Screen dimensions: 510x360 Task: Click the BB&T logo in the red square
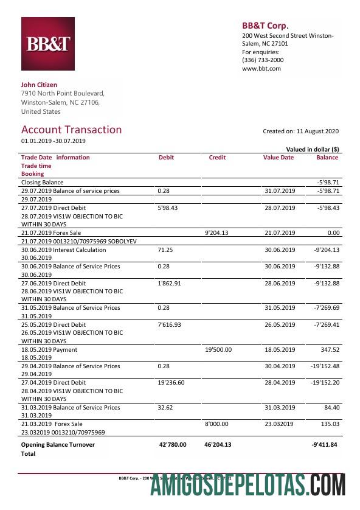pyautogui.click(x=49, y=45)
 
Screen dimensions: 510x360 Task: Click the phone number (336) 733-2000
pyautogui.click(x=263, y=60)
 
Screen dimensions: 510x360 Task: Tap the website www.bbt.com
pyautogui.click(x=261, y=69)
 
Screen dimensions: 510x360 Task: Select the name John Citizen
pyautogui.click(x=39, y=85)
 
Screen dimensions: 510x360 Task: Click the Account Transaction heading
pyautogui.click(x=71, y=130)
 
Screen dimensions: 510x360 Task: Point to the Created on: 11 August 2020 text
pyautogui.click(x=300, y=131)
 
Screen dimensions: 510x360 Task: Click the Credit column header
pyautogui.click(x=217, y=158)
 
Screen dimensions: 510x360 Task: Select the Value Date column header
pyautogui.click(x=278, y=158)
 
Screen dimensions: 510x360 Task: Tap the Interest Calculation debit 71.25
pyautogui.click(x=165, y=250)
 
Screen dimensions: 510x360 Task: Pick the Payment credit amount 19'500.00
pyautogui.click(x=218, y=350)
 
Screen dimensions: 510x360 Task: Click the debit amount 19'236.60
pyautogui.click(x=171, y=383)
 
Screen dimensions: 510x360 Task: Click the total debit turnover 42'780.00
pyautogui.click(x=172, y=445)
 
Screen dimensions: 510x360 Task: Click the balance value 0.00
pyautogui.click(x=331, y=232)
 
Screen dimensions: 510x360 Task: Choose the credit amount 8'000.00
pyautogui.click(x=218, y=424)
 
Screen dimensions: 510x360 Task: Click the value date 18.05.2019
pyautogui.click(x=279, y=350)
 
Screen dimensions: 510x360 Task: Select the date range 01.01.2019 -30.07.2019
pyautogui.click(x=54, y=141)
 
